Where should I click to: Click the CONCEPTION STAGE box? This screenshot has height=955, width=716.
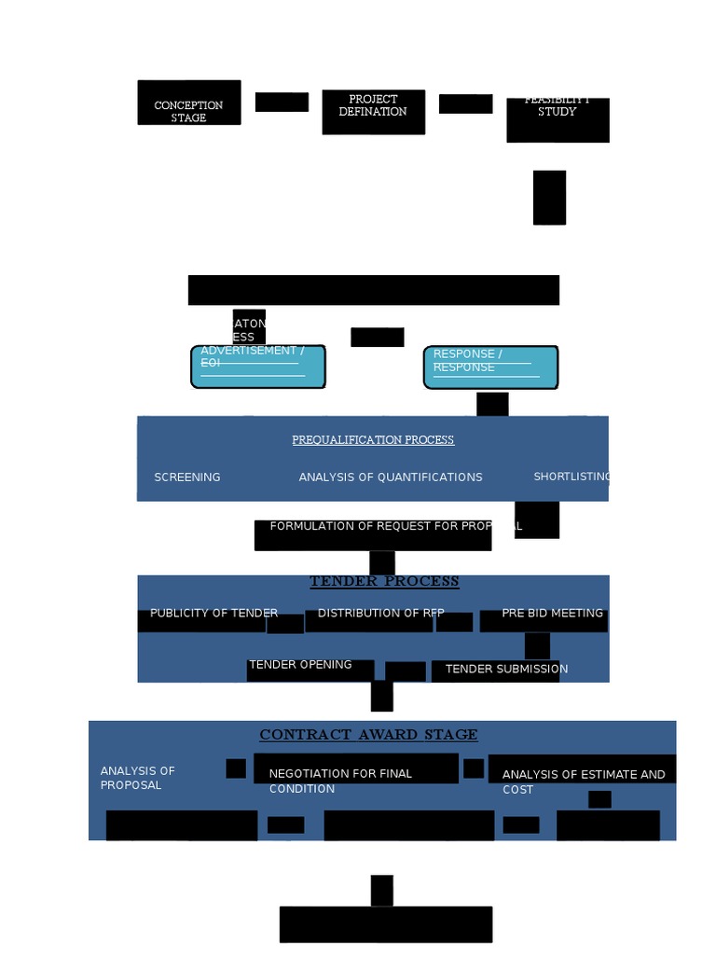[x=189, y=103]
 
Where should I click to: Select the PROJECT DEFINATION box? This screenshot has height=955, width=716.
[x=373, y=111]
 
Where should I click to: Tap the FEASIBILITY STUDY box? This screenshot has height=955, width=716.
[x=558, y=118]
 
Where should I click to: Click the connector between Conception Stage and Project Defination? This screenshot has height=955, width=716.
[x=282, y=102]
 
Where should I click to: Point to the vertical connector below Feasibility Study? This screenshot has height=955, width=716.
[x=549, y=197]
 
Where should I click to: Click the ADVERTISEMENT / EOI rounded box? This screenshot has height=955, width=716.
[x=258, y=366]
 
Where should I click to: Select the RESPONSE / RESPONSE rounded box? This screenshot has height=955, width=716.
[x=490, y=367]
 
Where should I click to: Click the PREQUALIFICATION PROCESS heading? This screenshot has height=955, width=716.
[x=373, y=439]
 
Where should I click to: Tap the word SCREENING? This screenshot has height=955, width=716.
[x=187, y=477]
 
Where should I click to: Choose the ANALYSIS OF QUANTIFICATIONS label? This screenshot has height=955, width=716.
[x=391, y=477]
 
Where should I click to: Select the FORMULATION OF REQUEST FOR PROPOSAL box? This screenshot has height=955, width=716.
[x=373, y=534]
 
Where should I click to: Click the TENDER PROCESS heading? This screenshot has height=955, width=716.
[x=384, y=581]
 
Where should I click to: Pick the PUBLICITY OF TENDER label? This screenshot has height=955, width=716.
[x=213, y=614]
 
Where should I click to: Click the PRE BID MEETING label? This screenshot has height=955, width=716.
[x=552, y=614]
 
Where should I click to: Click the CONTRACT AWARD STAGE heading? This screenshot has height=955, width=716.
[x=368, y=735]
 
